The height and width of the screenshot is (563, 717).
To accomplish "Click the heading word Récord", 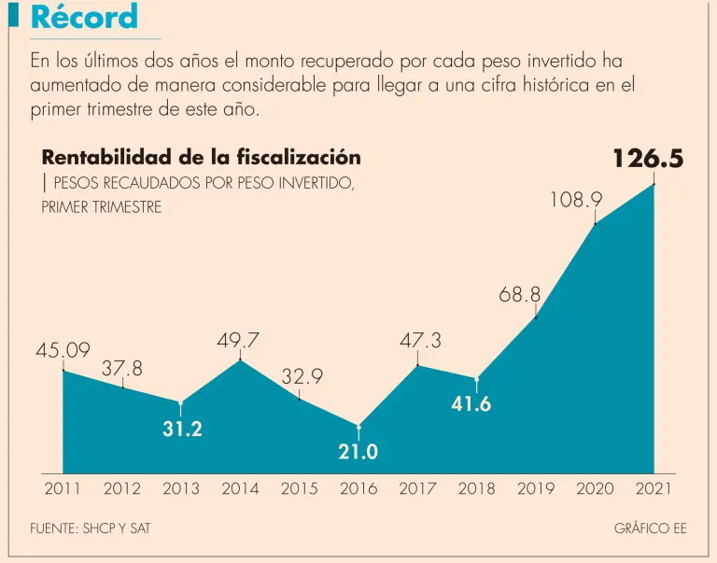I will click(84, 17).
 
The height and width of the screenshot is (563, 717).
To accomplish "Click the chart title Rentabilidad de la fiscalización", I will click(201, 158).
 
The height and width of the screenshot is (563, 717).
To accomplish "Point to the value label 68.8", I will click(520, 295).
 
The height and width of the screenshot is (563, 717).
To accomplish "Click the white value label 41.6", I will click(471, 404).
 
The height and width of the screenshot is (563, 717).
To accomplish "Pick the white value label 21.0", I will click(358, 452).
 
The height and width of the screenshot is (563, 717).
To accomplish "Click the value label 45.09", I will click(63, 351).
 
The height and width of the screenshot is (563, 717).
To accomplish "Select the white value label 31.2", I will click(181, 429).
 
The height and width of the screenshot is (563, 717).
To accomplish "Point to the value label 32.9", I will click(302, 377).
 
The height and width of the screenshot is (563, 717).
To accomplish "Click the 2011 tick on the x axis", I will click(63, 488).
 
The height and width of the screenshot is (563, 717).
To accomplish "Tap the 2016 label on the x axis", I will click(358, 488).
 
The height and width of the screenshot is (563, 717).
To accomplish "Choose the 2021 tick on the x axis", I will click(654, 488).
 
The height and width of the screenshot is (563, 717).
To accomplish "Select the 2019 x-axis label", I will click(535, 488).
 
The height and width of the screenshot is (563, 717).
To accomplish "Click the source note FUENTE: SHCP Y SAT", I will click(91, 528).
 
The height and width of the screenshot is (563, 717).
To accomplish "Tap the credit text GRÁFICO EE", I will click(650, 528).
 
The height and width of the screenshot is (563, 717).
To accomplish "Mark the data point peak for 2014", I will click(240, 360).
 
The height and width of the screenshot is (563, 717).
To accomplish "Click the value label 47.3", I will click(420, 342).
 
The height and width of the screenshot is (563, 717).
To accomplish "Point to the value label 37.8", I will click(122, 369).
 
